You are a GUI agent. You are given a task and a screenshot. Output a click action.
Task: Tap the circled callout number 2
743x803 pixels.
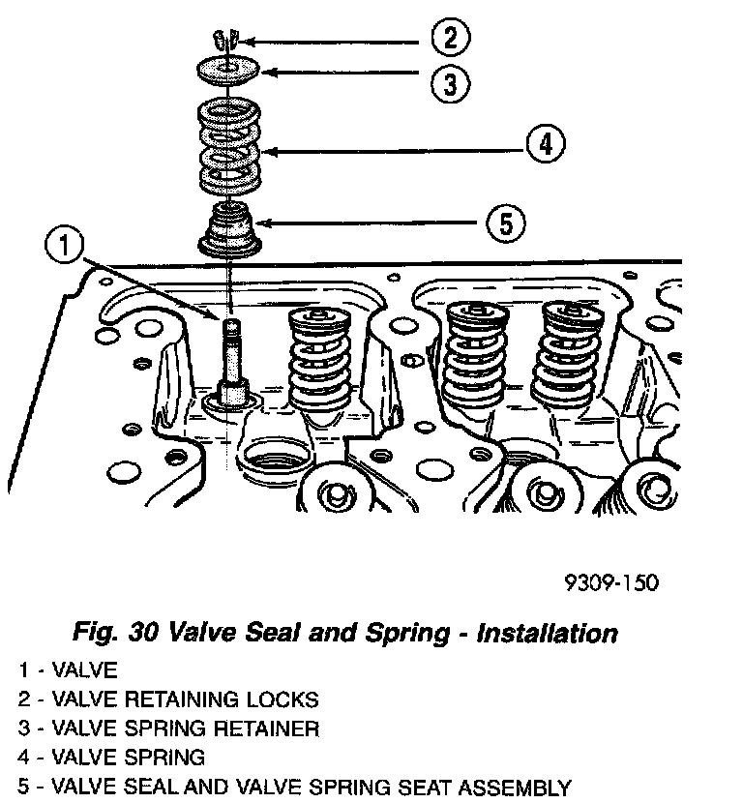coord(451,39)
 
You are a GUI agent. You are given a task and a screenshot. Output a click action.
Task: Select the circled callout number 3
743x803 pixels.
coord(451,82)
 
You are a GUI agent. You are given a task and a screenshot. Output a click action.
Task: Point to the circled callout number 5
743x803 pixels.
coord(505,224)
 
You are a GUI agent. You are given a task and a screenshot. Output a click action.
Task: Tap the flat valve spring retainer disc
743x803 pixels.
coord(228,71)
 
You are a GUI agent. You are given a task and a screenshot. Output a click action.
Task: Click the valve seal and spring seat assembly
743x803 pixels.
coord(230,230)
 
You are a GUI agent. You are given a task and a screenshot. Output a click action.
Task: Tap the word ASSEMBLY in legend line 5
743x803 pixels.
coord(515,787)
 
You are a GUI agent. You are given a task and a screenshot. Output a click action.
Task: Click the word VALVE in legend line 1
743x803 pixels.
coord(84,669)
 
